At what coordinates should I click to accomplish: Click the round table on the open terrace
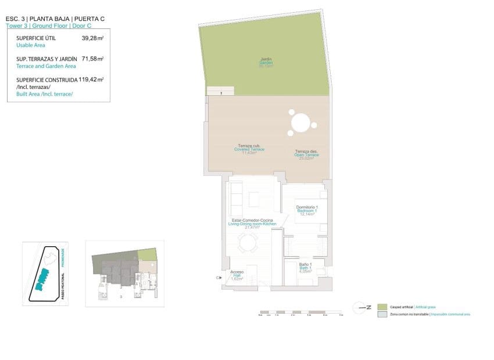(301, 123)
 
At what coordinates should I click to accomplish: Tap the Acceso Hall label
(237, 275)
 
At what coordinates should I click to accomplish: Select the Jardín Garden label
(266, 62)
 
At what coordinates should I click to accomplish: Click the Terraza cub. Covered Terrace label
(249, 149)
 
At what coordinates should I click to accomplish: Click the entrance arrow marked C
(219, 278)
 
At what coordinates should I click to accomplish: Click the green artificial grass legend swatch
(382, 307)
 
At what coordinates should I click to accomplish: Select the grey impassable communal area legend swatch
(382, 314)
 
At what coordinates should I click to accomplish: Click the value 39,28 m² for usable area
(92, 38)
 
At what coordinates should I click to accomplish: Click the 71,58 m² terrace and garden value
(92, 59)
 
